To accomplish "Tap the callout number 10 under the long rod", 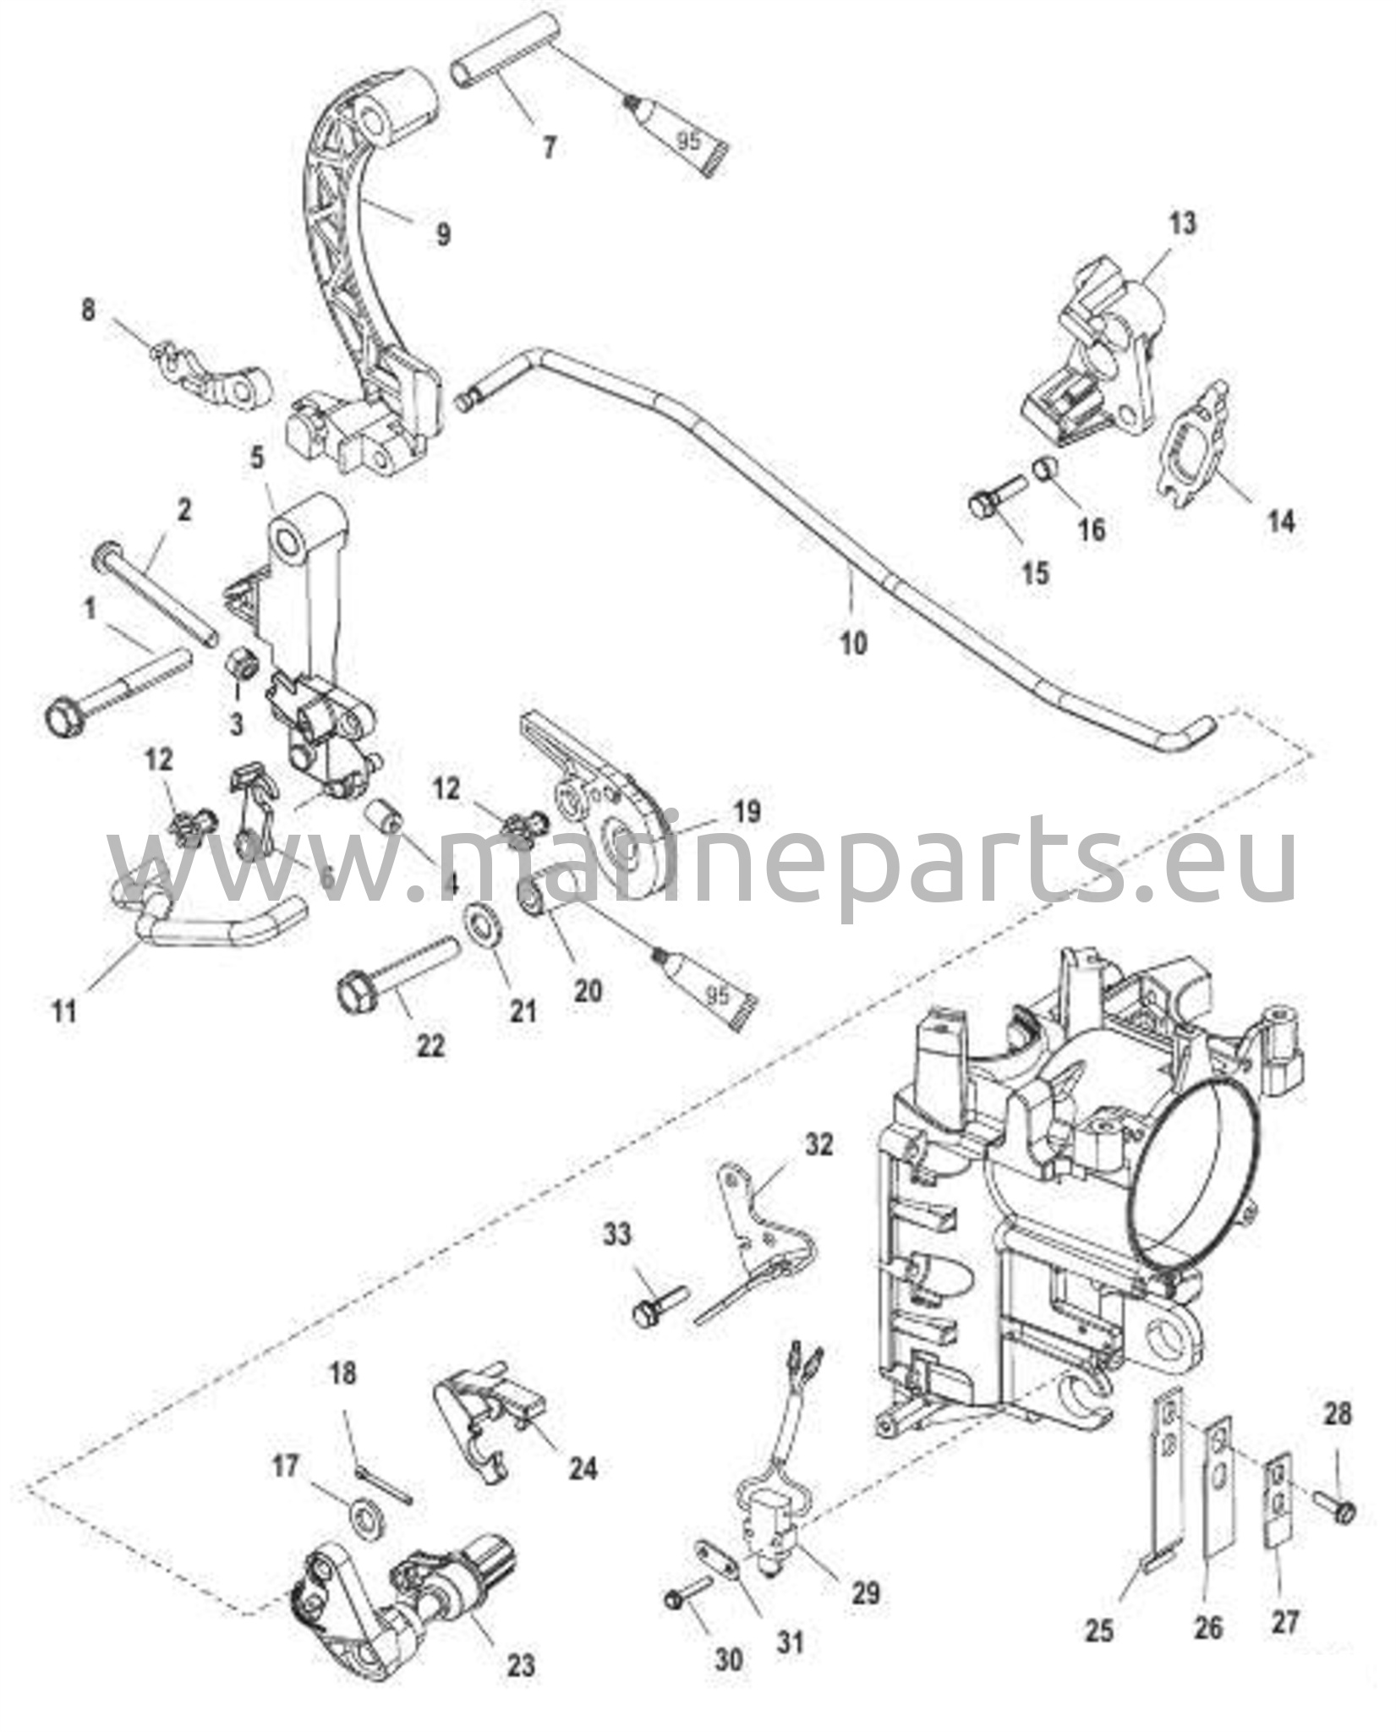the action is (x=854, y=644).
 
